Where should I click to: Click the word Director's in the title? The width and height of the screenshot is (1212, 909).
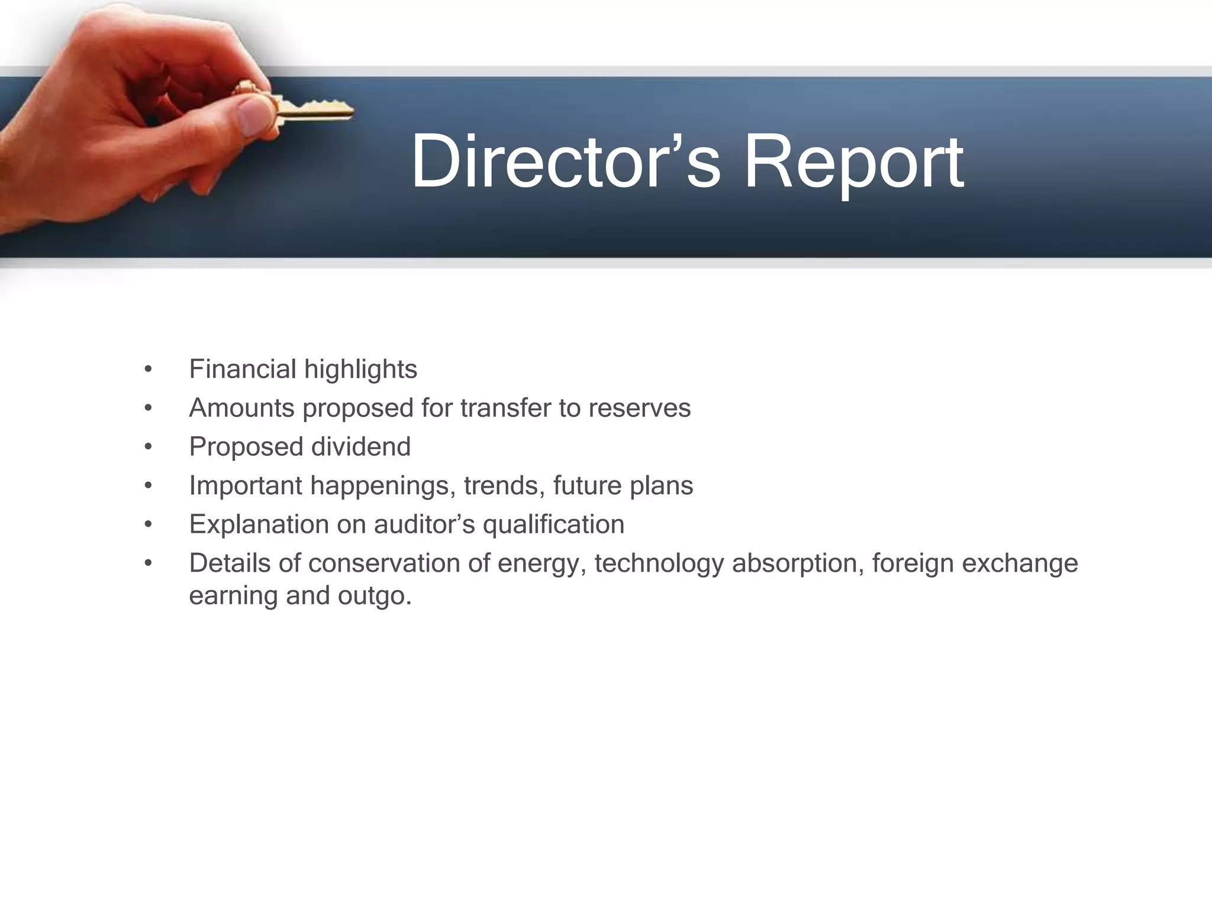pyautogui.click(x=565, y=162)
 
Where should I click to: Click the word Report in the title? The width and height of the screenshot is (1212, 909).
pyautogui.click(x=853, y=163)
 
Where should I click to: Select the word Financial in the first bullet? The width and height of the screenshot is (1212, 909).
pyautogui.click(x=243, y=369)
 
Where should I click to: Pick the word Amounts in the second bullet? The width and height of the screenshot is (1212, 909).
pyautogui.click(x=241, y=408)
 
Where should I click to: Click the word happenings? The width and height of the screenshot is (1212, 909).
pyautogui.click(x=383, y=486)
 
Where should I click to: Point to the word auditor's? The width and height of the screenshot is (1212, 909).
pyautogui.click(x=424, y=524)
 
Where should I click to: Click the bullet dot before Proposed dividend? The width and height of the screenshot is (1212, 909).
pyautogui.click(x=148, y=447)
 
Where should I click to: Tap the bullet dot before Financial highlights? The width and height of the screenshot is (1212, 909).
pyautogui.click(x=148, y=370)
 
